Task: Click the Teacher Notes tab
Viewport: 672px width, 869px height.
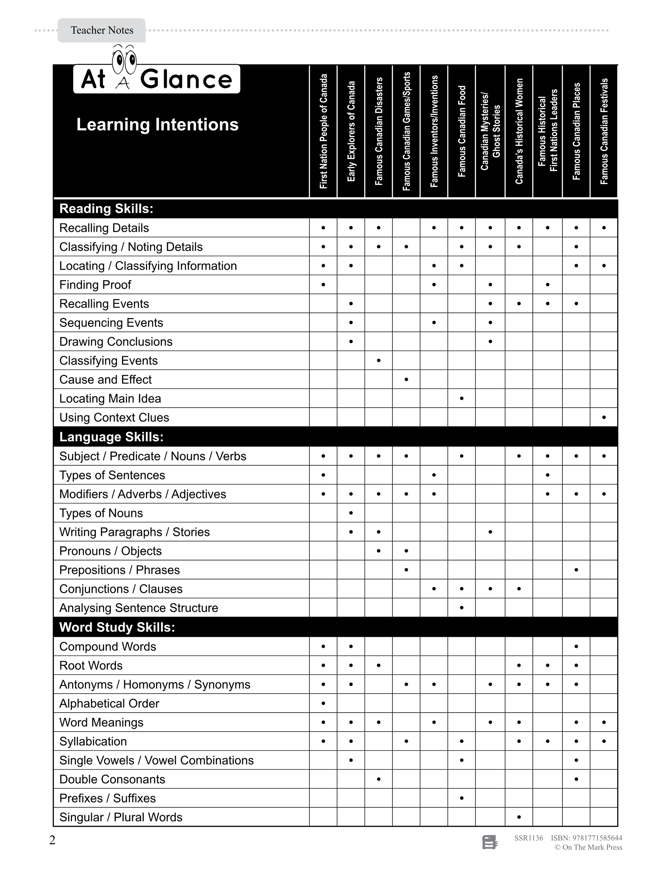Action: (102, 30)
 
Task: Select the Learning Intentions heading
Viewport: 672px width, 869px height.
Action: (157, 125)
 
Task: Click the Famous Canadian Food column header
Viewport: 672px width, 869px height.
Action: (461, 131)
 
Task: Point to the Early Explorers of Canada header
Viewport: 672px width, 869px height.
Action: (351, 131)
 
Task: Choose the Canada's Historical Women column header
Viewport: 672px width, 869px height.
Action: (519, 131)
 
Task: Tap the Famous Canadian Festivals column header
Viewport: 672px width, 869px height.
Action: (604, 131)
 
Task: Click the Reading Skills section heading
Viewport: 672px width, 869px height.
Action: (106, 209)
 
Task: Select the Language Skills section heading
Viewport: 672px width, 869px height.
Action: (112, 437)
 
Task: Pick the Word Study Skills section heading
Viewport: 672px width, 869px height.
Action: (117, 627)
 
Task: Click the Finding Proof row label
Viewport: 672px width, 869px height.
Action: (95, 285)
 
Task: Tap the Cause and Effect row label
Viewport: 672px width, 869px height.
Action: (106, 380)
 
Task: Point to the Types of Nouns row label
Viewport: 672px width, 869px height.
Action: (101, 513)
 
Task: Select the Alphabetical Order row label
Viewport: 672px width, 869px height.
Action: (109, 703)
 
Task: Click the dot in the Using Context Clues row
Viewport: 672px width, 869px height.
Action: (604, 417)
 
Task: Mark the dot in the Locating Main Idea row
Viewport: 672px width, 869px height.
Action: (461, 398)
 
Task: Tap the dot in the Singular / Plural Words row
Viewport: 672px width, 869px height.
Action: (519, 817)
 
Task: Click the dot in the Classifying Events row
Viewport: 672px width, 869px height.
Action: (379, 360)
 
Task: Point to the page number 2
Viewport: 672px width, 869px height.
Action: (52, 840)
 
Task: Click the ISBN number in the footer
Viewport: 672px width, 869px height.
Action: (586, 838)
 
